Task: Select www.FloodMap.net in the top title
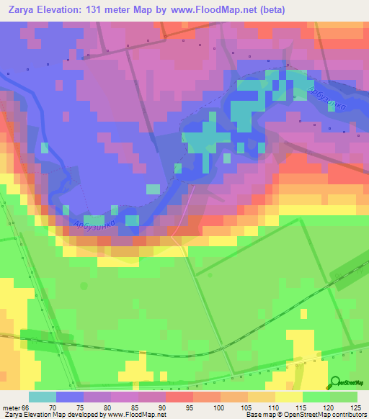221,10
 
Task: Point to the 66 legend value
26,407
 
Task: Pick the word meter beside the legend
10,407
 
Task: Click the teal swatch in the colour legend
43,397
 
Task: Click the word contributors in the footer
345,415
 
